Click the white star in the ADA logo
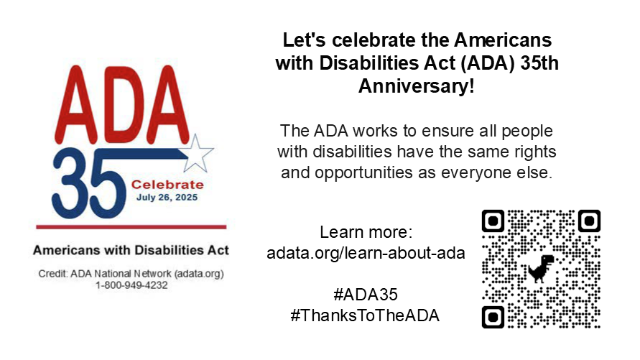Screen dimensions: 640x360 198,154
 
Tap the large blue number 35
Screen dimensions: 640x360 88,183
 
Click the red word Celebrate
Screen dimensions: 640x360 167,185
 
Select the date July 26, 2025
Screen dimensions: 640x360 167,198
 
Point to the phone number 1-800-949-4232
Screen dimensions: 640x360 131,285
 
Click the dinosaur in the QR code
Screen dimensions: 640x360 541,269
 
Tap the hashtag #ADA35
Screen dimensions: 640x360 366,295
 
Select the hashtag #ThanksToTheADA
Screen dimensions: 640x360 365,315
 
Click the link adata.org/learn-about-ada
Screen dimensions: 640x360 366,253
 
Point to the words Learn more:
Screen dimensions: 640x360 366,232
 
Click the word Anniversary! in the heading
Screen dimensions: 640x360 417,86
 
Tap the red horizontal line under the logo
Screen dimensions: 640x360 131,227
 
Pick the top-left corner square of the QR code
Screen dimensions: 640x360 493,221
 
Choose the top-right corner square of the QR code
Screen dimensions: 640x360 590,221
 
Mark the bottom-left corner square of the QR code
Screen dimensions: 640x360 493,317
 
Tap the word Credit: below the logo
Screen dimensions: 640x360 53,274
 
